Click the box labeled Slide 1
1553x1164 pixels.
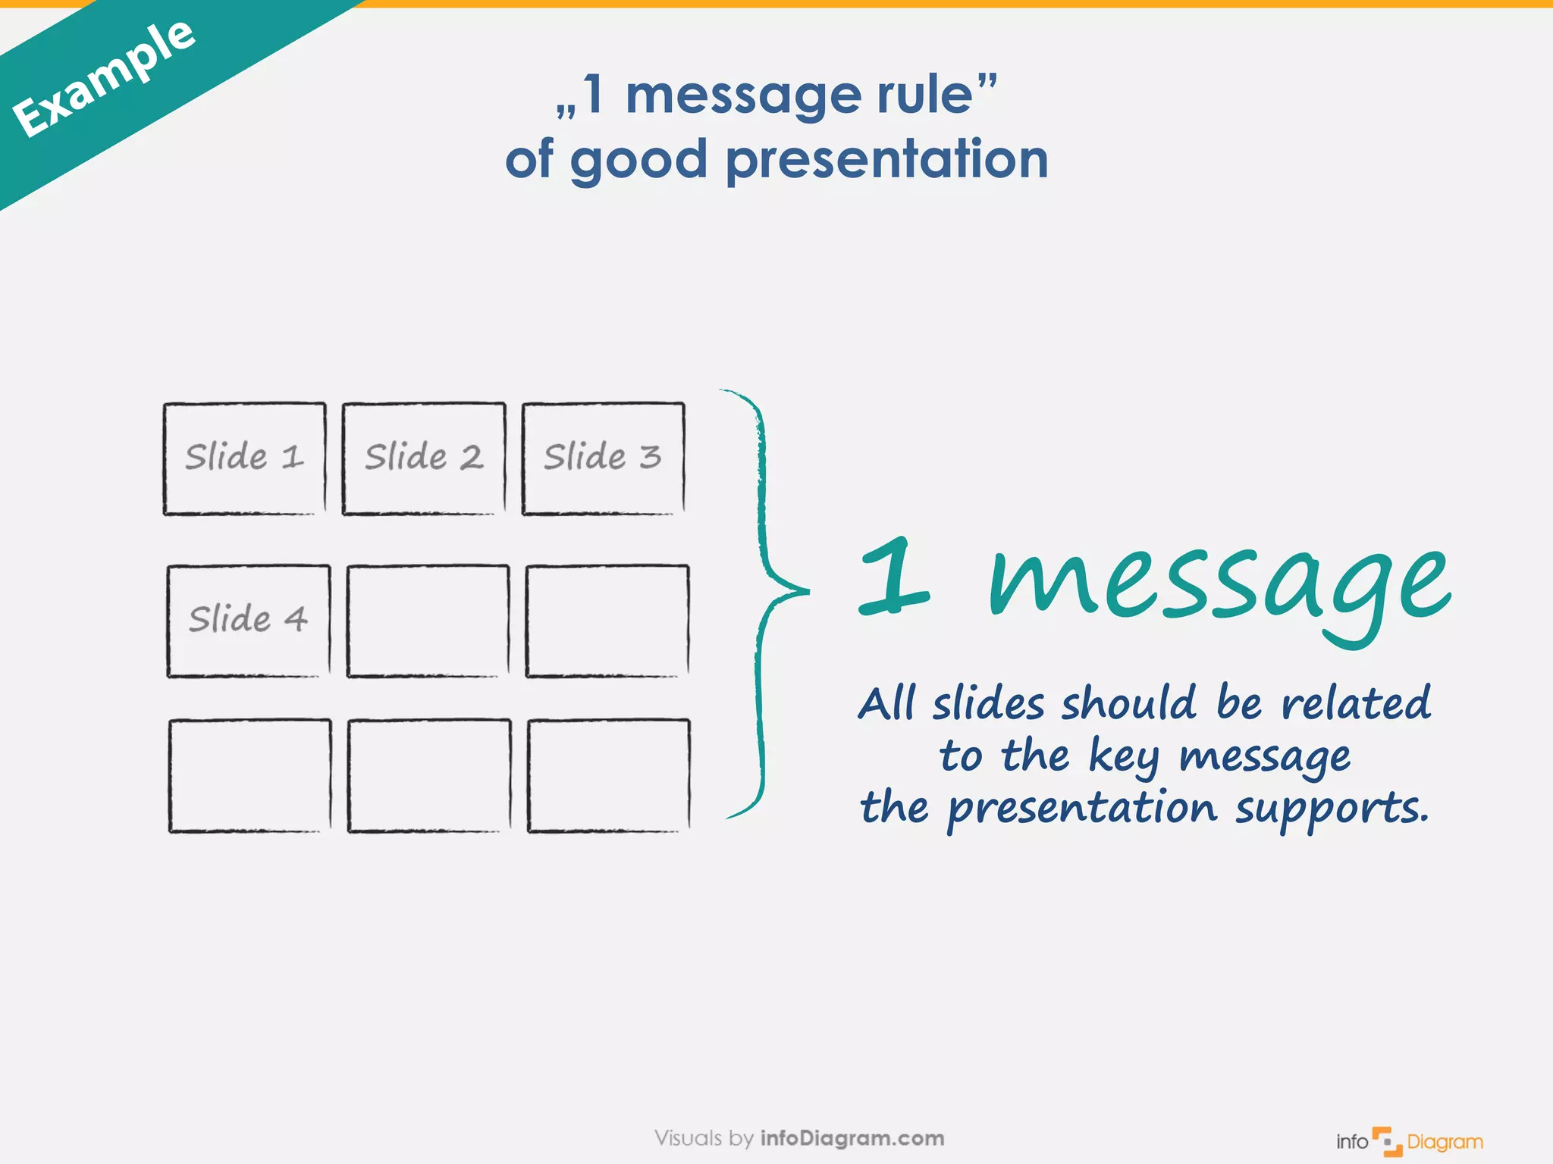coord(244,458)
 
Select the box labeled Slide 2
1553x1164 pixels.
coord(423,458)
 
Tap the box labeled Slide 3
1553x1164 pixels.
coord(603,458)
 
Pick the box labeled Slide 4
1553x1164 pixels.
coord(248,621)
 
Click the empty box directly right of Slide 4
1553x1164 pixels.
coord(428,621)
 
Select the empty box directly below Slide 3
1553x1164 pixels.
coord(607,621)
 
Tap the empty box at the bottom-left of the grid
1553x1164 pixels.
coord(249,775)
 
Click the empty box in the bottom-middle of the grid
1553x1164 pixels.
coord(428,775)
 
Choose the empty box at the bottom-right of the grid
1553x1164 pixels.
coord(608,775)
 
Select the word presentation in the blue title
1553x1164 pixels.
coord(886,160)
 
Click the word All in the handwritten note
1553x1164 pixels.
coord(886,703)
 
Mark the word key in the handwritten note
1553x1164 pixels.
coord(1124,757)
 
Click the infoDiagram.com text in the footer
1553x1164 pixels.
coord(852,1138)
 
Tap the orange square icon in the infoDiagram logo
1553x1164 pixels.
coord(1387,1141)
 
